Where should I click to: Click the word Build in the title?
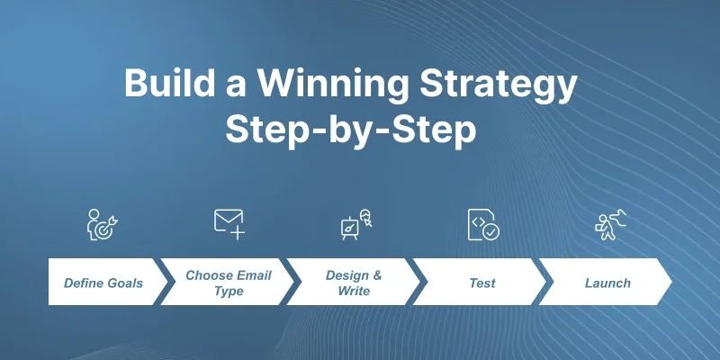[169, 83]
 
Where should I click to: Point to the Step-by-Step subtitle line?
[350, 130]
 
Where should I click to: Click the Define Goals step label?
[103, 283]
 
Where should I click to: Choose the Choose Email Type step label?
[229, 283]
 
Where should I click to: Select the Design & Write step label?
[354, 283]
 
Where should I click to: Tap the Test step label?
[482, 283]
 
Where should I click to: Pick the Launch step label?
[607, 283]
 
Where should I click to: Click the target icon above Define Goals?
[103, 224]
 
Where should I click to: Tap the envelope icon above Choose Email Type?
[229, 224]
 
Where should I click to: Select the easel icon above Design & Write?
[356, 224]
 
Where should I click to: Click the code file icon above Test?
[483, 224]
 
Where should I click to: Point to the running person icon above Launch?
[611, 224]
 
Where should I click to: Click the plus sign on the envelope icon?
[238, 233]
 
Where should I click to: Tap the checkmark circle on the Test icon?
[491, 232]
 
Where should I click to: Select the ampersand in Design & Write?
[377, 275]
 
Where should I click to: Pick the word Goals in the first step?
[125, 283]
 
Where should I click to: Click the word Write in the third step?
[354, 291]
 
